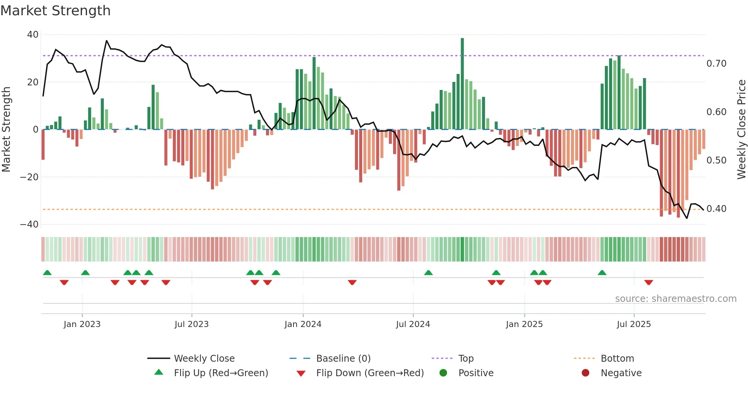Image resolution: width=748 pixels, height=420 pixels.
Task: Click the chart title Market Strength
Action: [x=55, y=11]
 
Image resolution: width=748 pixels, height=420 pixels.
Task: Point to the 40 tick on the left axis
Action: [x=33, y=35]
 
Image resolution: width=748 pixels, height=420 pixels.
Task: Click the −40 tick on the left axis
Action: [x=29, y=224]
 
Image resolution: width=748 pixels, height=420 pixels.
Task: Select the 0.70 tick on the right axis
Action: [x=716, y=64]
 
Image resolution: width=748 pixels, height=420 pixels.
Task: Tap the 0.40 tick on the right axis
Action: [x=716, y=209]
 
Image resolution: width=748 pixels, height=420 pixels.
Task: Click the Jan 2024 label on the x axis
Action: [x=303, y=324]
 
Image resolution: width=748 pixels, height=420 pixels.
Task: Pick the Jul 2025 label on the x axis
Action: [x=634, y=324]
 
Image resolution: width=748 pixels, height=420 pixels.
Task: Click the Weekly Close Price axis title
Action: [x=741, y=130]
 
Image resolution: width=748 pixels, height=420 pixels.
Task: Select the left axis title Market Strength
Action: [x=6, y=130]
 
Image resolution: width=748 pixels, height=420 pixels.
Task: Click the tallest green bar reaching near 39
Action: [x=462, y=84]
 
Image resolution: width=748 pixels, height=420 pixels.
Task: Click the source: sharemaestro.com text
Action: [x=675, y=299]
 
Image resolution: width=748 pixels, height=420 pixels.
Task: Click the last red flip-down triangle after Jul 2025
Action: [x=648, y=282]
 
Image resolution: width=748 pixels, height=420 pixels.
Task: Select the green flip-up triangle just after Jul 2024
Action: [x=428, y=273]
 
